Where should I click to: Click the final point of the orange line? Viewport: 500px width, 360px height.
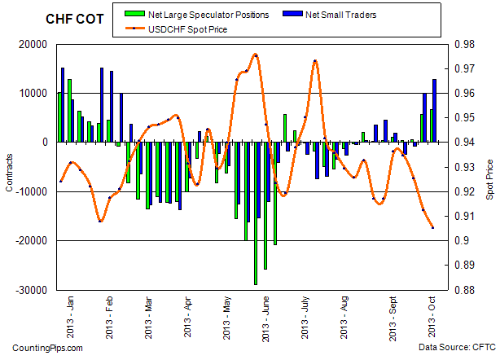(432, 227)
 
